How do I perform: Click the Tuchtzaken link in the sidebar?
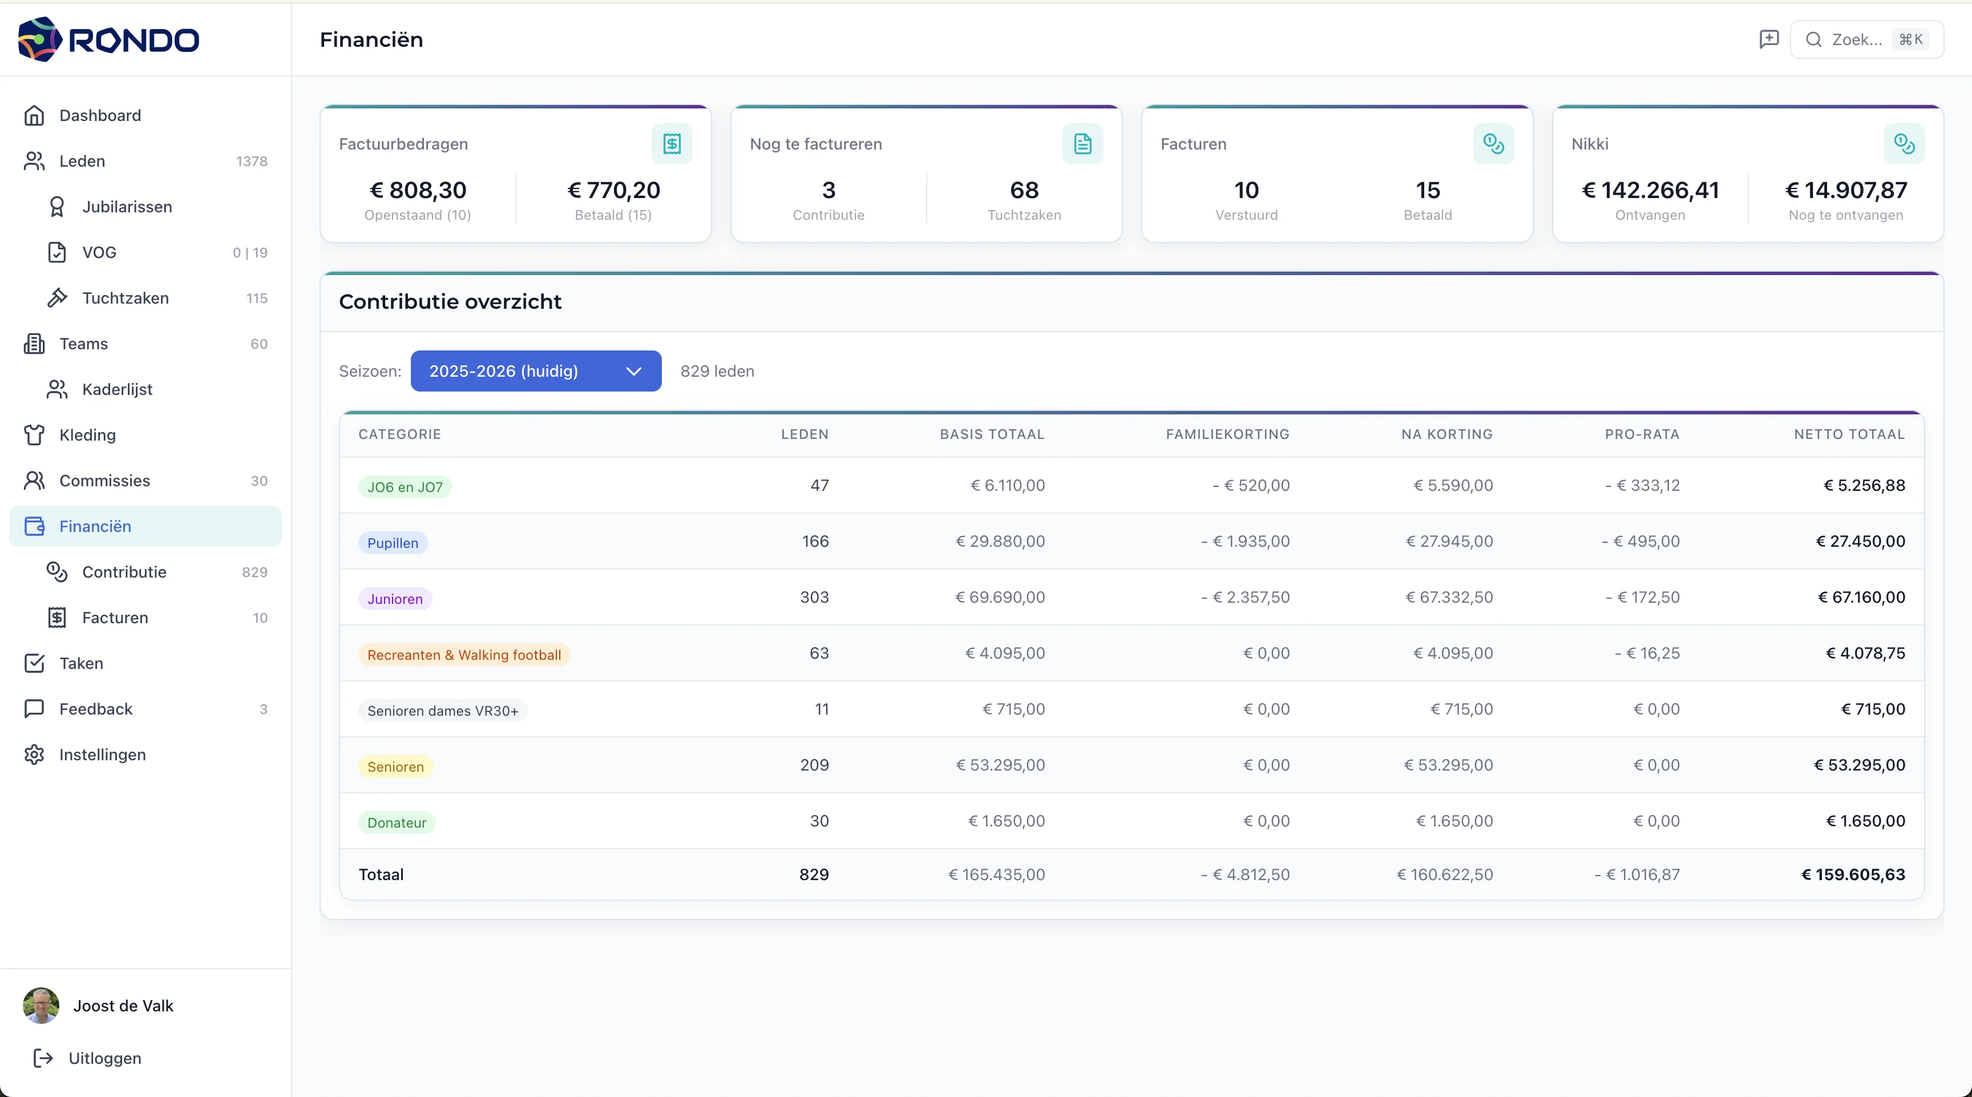[x=125, y=299]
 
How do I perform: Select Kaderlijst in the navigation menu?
[x=117, y=390]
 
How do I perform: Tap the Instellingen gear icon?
[x=34, y=755]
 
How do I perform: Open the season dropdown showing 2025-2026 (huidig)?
[x=536, y=372]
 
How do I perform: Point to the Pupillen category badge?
[x=393, y=543]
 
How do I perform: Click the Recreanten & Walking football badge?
[x=464, y=655]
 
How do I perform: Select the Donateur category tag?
[x=397, y=822]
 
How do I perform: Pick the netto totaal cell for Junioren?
[x=1861, y=597]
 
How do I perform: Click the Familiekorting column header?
[x=1227, y=434]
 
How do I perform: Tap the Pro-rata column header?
[x=1642, y=434]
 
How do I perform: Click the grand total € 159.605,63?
[x=1853, y=874]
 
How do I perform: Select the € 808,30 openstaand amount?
[x=418, y=190]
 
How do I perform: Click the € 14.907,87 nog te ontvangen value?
[x=1846, y=190]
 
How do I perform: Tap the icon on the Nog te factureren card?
[x=1082, y=144]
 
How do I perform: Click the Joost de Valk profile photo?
[x=41, y=1005]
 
